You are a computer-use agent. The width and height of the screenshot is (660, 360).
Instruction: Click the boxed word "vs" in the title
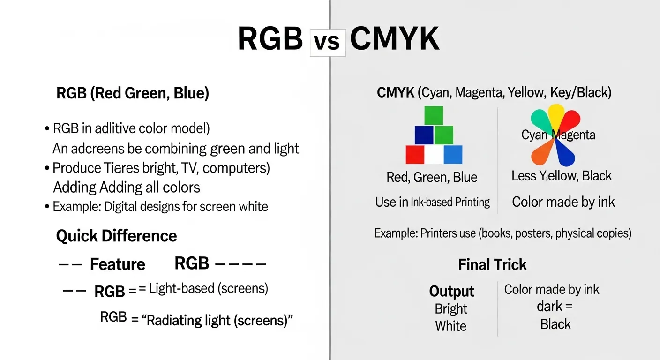pyautogui.click(x=328, y=43)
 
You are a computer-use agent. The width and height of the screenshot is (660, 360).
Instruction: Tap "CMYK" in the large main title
pyautogui.click(x=395, y=39)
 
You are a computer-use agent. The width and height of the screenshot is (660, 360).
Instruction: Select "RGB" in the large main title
pyautogui.click(x=270, y=39)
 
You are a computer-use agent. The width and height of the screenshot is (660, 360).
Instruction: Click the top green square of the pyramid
pyautogui.click(x=434, y=115)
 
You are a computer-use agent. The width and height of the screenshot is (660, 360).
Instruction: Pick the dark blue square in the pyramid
pyautogui.click(x=424, y=135)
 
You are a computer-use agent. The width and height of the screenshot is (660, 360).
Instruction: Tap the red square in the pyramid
pyautogui.click(x=415, y=154)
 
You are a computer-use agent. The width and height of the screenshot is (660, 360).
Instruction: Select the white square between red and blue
pyautogui.click(x=434, y=155)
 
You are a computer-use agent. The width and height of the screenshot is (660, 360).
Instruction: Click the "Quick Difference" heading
pyautogui.click(x=116, y=236)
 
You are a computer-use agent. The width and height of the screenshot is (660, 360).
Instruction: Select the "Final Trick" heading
pyautogui.click(x=492, y=265)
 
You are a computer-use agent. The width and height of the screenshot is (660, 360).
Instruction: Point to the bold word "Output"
pyautogui.click(x=452, y=292)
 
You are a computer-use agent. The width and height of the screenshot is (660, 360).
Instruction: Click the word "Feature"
pyautogui.click(x=118, y=265)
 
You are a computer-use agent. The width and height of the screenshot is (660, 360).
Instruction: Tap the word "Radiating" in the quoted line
pyautogui.click(x=173, y=321)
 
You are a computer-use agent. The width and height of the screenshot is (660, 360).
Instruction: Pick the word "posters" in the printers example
pyautogui.click(x=533, y=233)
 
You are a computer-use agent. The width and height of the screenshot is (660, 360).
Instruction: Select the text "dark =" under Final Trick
pyautogui.click(x=555, y=307)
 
